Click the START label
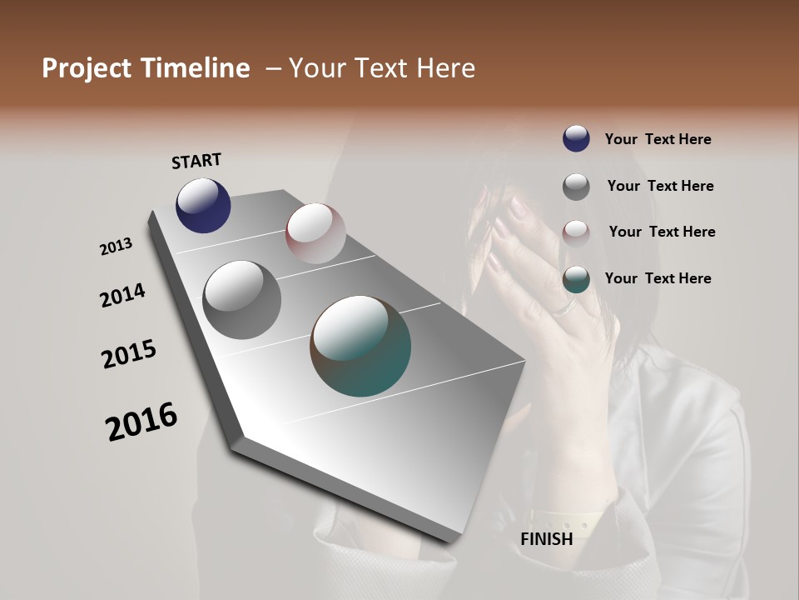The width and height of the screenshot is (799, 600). [196, 161]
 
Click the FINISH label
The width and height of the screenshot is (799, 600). [546, 539]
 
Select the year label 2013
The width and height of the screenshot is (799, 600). [116, 247]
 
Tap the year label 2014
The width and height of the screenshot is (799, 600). [122, 296]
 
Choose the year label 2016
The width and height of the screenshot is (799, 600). [141, 422]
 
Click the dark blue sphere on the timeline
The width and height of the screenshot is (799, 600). [203, 205]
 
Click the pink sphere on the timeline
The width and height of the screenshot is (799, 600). [315, 232]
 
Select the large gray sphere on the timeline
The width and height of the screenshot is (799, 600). [241, 299]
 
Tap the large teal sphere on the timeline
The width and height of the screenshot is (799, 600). [360, 346]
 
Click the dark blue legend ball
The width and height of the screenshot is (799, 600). [576, 138]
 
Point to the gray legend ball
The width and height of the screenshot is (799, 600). [576, 187]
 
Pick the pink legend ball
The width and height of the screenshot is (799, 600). [576, 232]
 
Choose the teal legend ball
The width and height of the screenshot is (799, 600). [576, 279]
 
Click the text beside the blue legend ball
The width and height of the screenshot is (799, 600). [658, 139]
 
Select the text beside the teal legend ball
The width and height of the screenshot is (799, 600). [658, 278]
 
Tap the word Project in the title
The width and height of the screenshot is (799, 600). [87, 68]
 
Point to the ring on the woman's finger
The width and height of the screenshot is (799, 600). [565, 308]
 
